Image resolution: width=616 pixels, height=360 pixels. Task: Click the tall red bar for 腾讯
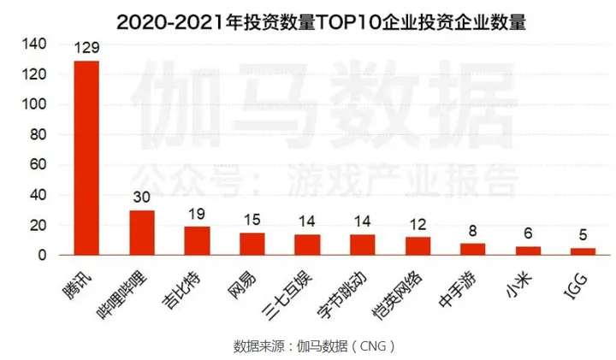[x=86, y=158]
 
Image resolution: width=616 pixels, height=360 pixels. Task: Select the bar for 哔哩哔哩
[x=142, y=233]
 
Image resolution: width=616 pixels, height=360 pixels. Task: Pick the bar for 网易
[x=252, y=244]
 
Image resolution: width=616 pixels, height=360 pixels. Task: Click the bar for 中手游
[x=472, y=249]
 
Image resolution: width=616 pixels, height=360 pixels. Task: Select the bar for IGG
[x=583, y=251]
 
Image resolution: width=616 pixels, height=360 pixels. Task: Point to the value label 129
[x=86, y=50]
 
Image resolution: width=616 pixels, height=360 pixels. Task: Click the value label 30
[x=142, y=198]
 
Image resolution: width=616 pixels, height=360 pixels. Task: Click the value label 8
[x=472, y=232]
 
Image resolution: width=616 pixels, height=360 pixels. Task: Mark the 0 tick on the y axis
[x=40, y=255]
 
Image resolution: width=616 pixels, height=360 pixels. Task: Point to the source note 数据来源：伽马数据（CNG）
[x=316, y=345]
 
